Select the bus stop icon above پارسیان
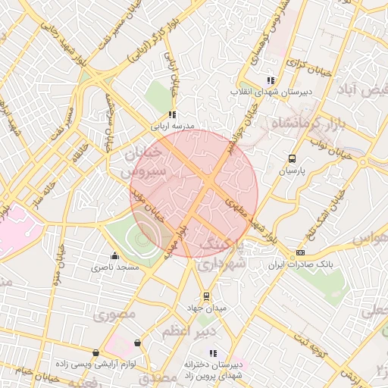pyautogui.click(x=292, y=159)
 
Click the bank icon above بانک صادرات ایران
pyautogui.click(x=301, y=252)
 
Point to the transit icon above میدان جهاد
pyautogui.click(x=205, y=296)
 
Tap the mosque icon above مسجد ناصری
pyautogui.click(x=114, y=255)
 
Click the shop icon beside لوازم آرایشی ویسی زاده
pyautogui.click(x=95, y=352)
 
